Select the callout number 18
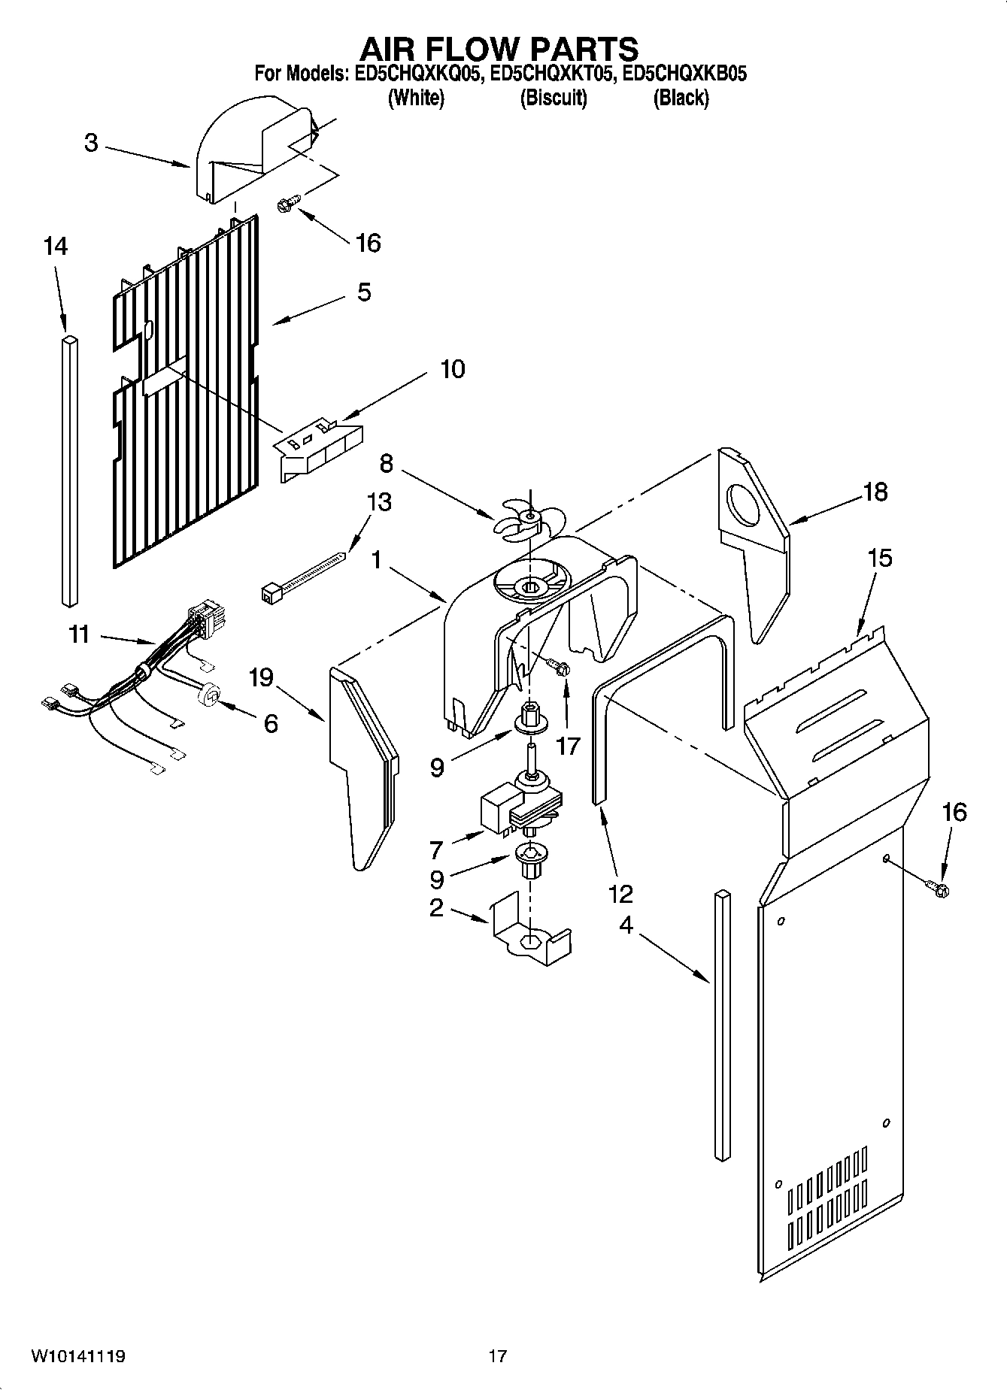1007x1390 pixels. pos(875,492)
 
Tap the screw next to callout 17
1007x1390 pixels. pos(559,666)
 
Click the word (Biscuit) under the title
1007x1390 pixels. pos(554,98)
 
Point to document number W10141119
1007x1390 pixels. pos(77,1356)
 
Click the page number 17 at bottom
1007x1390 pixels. pos(497,1356)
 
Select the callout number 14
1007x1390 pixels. pos(55,246)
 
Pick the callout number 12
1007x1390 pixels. pos(621,893)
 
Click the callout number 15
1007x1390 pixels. pos(879,558)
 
